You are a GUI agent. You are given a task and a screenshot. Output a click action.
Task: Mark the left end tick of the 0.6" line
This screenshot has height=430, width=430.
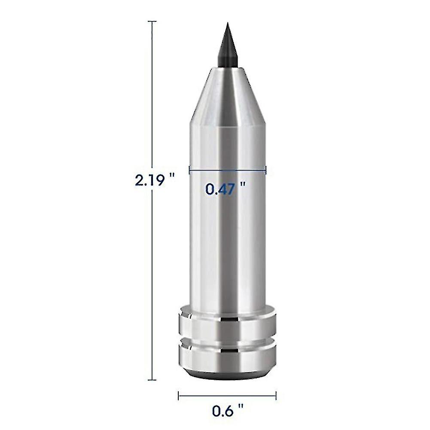click(178, 395)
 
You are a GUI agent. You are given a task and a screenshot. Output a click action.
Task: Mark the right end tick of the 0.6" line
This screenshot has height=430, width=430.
click(276, 395)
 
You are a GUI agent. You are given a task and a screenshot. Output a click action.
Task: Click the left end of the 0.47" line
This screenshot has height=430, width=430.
click(189, 170)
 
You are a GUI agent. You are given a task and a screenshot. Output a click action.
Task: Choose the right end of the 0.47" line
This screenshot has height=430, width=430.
click(266, 170)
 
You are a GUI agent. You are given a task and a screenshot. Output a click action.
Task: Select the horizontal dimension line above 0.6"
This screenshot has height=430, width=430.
click(227, 395)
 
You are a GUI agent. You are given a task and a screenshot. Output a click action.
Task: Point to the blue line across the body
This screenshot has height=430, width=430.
click(228, 170)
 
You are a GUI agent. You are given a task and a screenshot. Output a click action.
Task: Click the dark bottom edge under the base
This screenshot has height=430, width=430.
click(227, 375)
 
